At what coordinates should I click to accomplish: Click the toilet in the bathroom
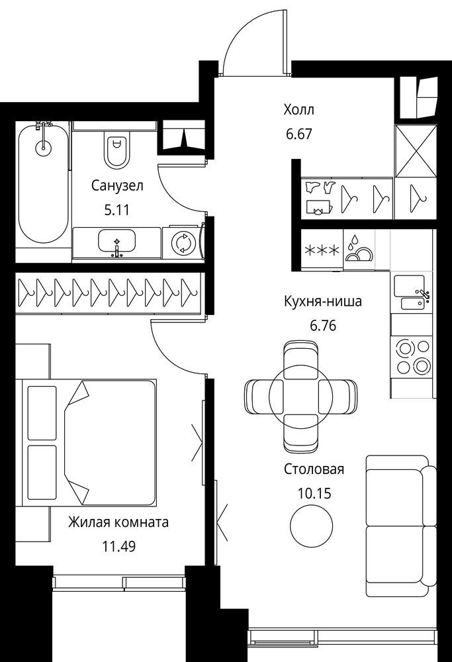tap(116, 148)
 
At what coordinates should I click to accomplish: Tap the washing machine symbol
tap(183, 243)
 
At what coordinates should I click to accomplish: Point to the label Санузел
tap(117, 185)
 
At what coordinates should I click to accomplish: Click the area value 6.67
tap(298, 134)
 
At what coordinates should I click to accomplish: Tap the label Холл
tap(299, 110)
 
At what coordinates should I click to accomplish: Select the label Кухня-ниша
tap(323, 301)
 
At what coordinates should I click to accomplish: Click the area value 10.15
tap(314, 493)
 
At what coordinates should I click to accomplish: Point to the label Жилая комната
tap(118, 522)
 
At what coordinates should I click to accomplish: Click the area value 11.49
tap(118, 547)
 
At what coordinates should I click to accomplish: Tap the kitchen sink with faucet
tap(412, 292)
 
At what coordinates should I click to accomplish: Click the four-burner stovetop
tap(412, 357)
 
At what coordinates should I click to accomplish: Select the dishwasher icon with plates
tap(359, 249)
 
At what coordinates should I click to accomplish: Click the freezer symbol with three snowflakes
tap(322, 250)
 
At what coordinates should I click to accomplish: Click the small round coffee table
tap(312, 526)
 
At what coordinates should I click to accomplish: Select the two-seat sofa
tap(400, 526)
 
